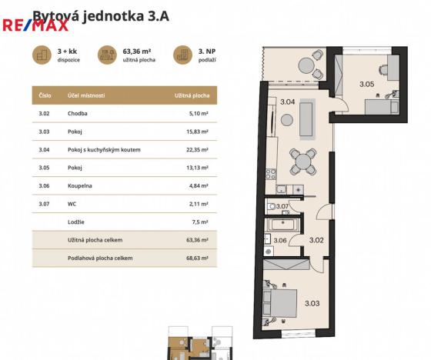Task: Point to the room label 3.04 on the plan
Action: coord(287,102)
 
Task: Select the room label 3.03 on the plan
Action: coord(312,303)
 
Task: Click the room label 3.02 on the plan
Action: coord(316,240)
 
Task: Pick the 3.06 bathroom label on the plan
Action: coord(280,240)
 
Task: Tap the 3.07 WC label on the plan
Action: coord(282,206)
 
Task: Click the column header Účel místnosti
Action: coord(86,96)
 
